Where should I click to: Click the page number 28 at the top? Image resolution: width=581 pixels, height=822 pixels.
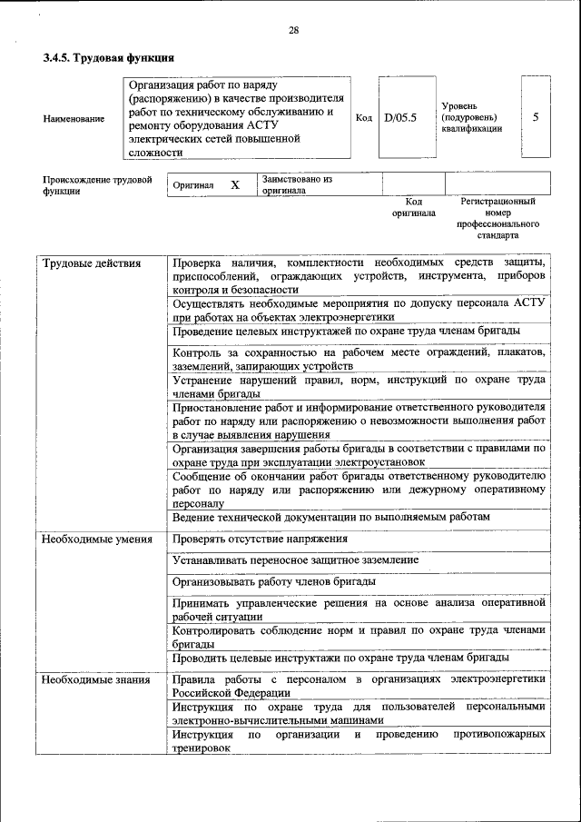(x=293, y=30)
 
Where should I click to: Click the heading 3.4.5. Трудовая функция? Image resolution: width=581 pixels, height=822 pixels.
(x=108, y=59)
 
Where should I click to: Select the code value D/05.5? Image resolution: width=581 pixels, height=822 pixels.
(x=399, y=117)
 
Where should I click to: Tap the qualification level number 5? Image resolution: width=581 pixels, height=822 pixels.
(x=536, y=117)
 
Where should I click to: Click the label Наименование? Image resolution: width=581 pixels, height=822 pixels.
(x=74, y=118)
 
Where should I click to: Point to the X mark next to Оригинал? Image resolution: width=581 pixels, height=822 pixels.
(x=235, y=185)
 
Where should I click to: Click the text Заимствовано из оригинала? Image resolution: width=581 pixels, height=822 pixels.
(x=298, y=185)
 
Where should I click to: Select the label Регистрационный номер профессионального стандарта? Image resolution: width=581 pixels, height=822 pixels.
(x=497, y=217)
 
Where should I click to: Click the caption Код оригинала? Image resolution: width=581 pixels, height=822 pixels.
(x=414, y=207)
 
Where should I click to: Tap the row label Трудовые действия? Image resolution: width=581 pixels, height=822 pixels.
(x=92, y=263)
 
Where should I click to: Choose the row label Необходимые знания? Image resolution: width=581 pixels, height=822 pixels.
(x=95, y=678)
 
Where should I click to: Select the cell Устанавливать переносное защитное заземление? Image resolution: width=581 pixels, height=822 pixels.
(x=295, y=560)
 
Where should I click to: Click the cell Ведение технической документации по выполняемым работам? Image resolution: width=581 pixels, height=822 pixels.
(x=331, y=517)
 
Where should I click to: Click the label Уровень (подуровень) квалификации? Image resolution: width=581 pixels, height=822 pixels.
(x=471, y=117)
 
